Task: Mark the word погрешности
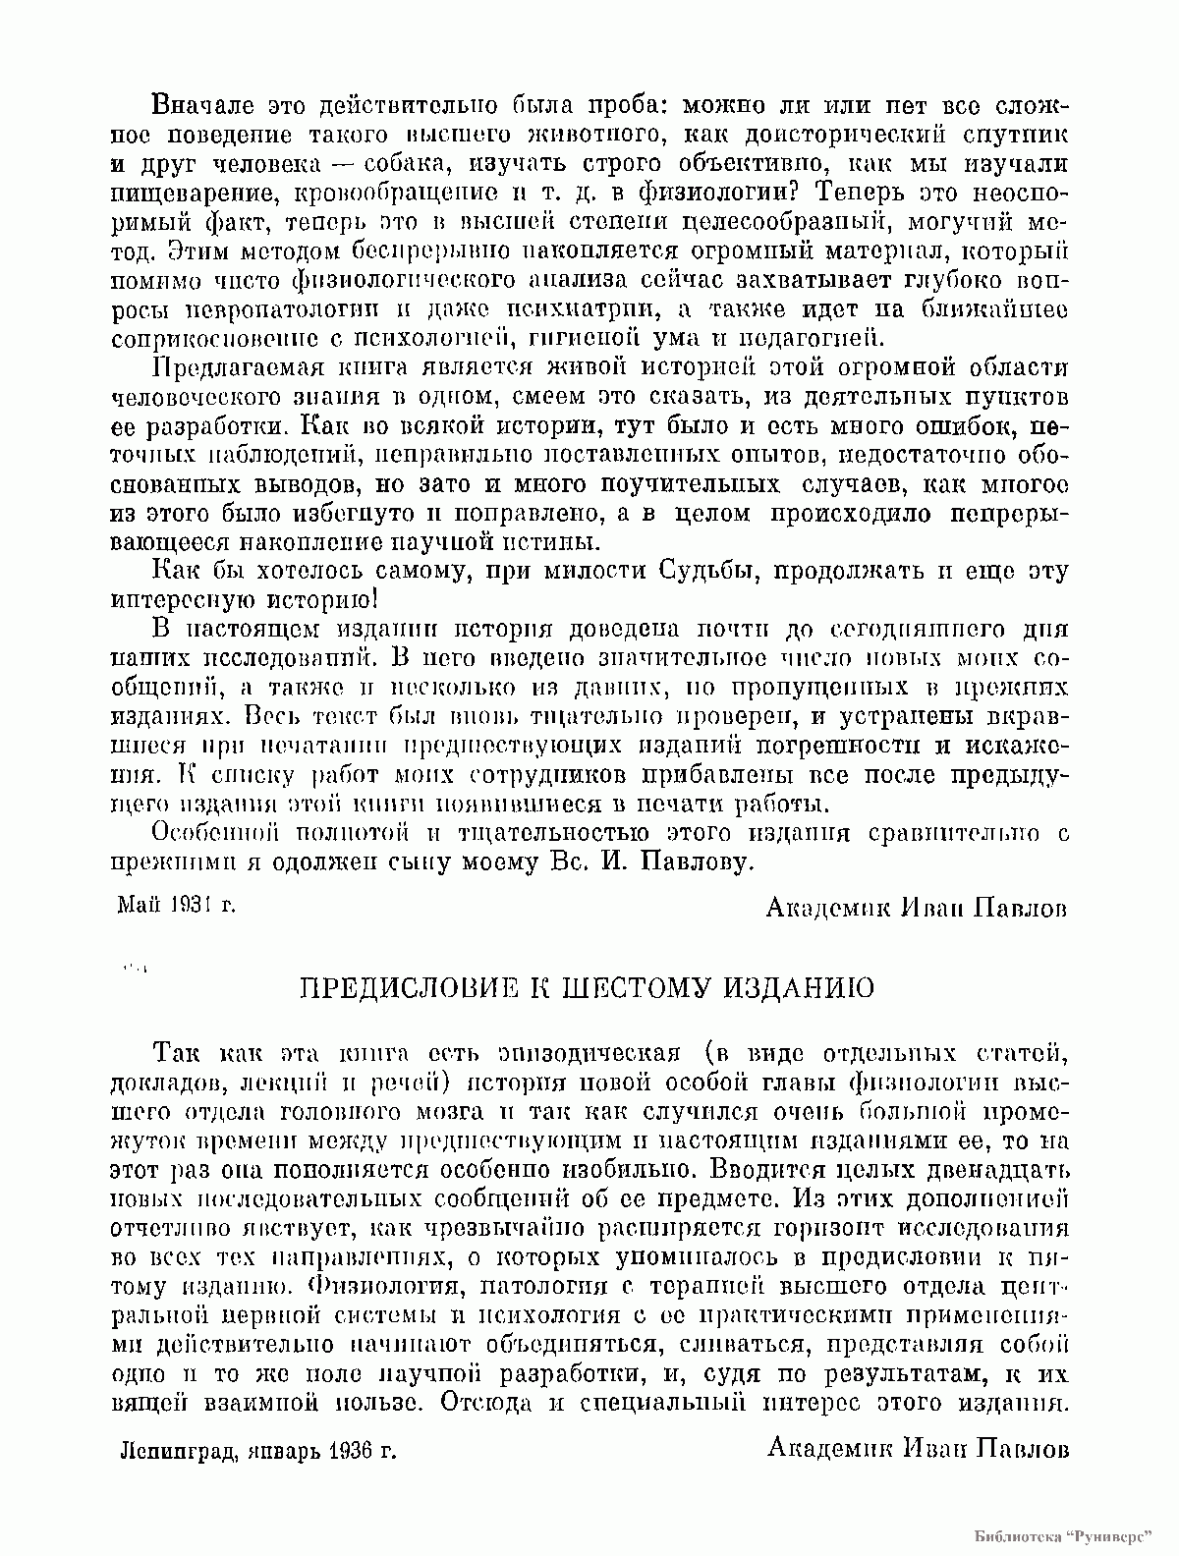pos(814,746)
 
